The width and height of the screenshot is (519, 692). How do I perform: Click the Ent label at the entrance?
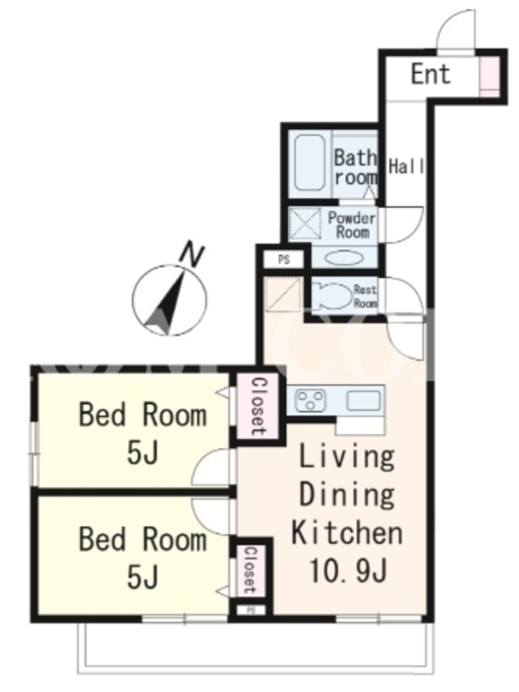pyautogui.click(x=431, y=74)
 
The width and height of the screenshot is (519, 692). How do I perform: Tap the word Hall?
pyautogui.click(x=406, y=166)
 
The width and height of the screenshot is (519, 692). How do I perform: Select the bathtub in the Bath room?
pyautogui.click(x=310, y=163)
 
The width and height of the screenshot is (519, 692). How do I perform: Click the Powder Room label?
pyautogui.click(x=351, y=225)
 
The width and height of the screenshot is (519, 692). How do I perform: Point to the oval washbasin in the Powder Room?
pyautogui.click(x=344, y=258)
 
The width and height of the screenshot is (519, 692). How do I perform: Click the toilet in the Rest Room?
pyautogui.click(x=331, y=296)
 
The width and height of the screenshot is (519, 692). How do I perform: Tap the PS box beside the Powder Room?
pyautogui.click(x=284, y=259)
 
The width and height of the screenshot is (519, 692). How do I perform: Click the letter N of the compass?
pyautogui.click(x=193, y=253)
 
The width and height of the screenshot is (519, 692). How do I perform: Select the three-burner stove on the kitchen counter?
pyautogui.click(x=311, y=400)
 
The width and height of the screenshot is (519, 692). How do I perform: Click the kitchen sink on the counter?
pyautogui.click(x=363, y=400)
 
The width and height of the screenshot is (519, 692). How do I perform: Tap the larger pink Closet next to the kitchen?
pyautogui.click(x=258, y=407)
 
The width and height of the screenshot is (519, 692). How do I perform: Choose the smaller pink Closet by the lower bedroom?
pyautogui.click(x=250, y=570)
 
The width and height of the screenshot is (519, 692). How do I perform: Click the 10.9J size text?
pyautogui.click(x=349, y=570)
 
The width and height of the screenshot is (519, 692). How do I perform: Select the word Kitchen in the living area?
pyautogui.click(x=347, y=532)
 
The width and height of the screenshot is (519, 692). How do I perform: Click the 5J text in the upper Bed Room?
pyautogui.click(x=142, y=452)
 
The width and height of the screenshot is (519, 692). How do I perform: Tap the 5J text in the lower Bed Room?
pyautogui.click(x=142, y=577)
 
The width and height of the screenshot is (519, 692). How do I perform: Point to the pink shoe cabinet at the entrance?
pyautogui.click(x=488, y=76)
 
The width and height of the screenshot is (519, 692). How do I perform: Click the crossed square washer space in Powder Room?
pyautogui.click(x=305, y=223)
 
